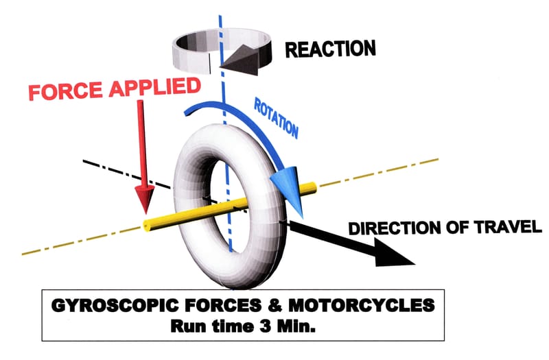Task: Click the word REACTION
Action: pyautogui.click(x=330, y=49)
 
